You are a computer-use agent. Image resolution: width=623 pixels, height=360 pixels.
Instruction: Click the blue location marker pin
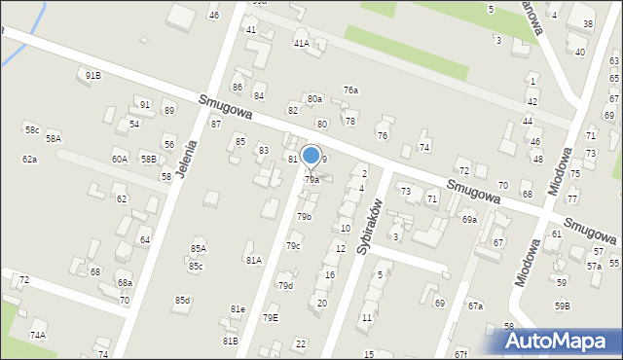(311, 156)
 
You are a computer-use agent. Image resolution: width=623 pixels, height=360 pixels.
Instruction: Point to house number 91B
(93, 75)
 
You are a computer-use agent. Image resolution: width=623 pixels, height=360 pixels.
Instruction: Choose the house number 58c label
(32, 129)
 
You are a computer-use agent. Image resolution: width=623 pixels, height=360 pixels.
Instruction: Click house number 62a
(30, 159)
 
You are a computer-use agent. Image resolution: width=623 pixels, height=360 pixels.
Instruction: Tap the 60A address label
(119, 159)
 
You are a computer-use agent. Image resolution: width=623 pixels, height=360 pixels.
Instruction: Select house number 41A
(302, 43)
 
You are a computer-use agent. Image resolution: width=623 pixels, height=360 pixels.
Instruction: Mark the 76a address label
(350, 90)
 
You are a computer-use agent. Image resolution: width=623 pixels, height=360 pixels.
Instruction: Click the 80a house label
(314, 99)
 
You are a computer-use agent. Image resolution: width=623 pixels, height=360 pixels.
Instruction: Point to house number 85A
(198, 249)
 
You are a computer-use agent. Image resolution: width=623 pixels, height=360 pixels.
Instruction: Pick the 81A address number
(254, 260)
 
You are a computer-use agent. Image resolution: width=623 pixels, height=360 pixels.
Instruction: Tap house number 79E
(270, 317)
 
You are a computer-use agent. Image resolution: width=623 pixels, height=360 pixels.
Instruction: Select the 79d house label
(285, 285)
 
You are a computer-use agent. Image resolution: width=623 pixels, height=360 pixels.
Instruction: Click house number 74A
(38, 335)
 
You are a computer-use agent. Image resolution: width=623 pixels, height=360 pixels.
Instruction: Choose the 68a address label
(125, 282)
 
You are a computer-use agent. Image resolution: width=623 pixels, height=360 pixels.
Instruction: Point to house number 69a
(469, 220)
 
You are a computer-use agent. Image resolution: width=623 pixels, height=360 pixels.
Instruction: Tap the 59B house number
(563, 306)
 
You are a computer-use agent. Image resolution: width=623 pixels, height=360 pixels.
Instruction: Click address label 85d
(182, 300)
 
